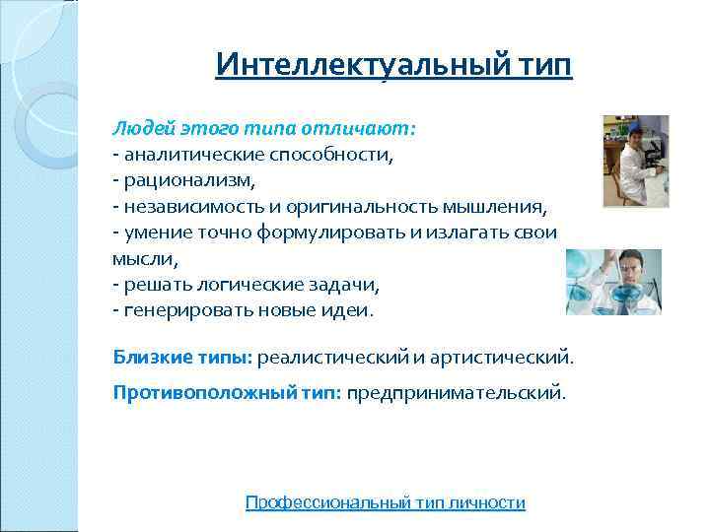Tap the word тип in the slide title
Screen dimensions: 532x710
(541, 66)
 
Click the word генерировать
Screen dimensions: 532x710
(183, 309)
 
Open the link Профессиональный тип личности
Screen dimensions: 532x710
(385, 502)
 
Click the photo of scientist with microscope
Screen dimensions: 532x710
(635, 161)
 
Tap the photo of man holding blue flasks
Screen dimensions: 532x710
(613, 282)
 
